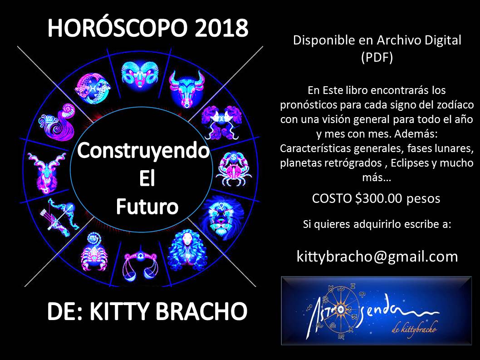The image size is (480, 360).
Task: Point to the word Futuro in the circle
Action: point(147,207)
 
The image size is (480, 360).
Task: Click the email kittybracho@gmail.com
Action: point(377,256)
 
